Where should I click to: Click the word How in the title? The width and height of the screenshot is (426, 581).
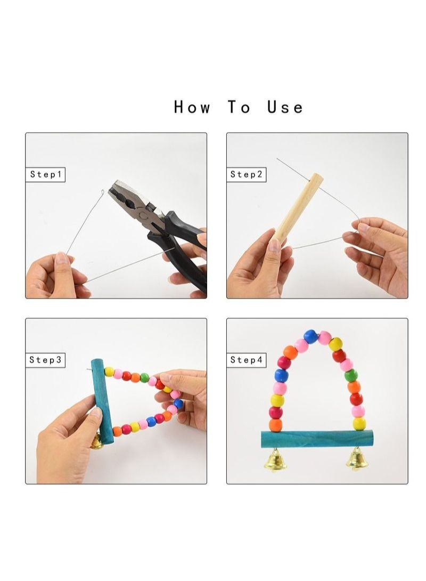192,107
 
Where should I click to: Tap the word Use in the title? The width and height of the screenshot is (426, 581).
285,107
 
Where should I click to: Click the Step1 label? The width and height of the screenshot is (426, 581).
45,174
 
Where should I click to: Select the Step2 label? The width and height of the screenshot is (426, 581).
246,174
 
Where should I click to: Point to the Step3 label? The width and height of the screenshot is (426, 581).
45,360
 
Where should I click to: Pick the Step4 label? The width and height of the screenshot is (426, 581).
246,360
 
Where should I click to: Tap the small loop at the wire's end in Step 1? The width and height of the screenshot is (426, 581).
102,192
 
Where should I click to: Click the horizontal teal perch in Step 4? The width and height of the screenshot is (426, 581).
317,439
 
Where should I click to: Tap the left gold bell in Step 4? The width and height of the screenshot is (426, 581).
276,460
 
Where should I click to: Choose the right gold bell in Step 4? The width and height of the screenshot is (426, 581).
357,459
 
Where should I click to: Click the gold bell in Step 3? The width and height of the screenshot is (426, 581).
96,442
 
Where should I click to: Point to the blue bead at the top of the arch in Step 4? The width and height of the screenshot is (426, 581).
311,336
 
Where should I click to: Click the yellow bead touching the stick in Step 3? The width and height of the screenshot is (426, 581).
109,372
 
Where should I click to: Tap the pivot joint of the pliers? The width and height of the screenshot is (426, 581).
143,216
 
